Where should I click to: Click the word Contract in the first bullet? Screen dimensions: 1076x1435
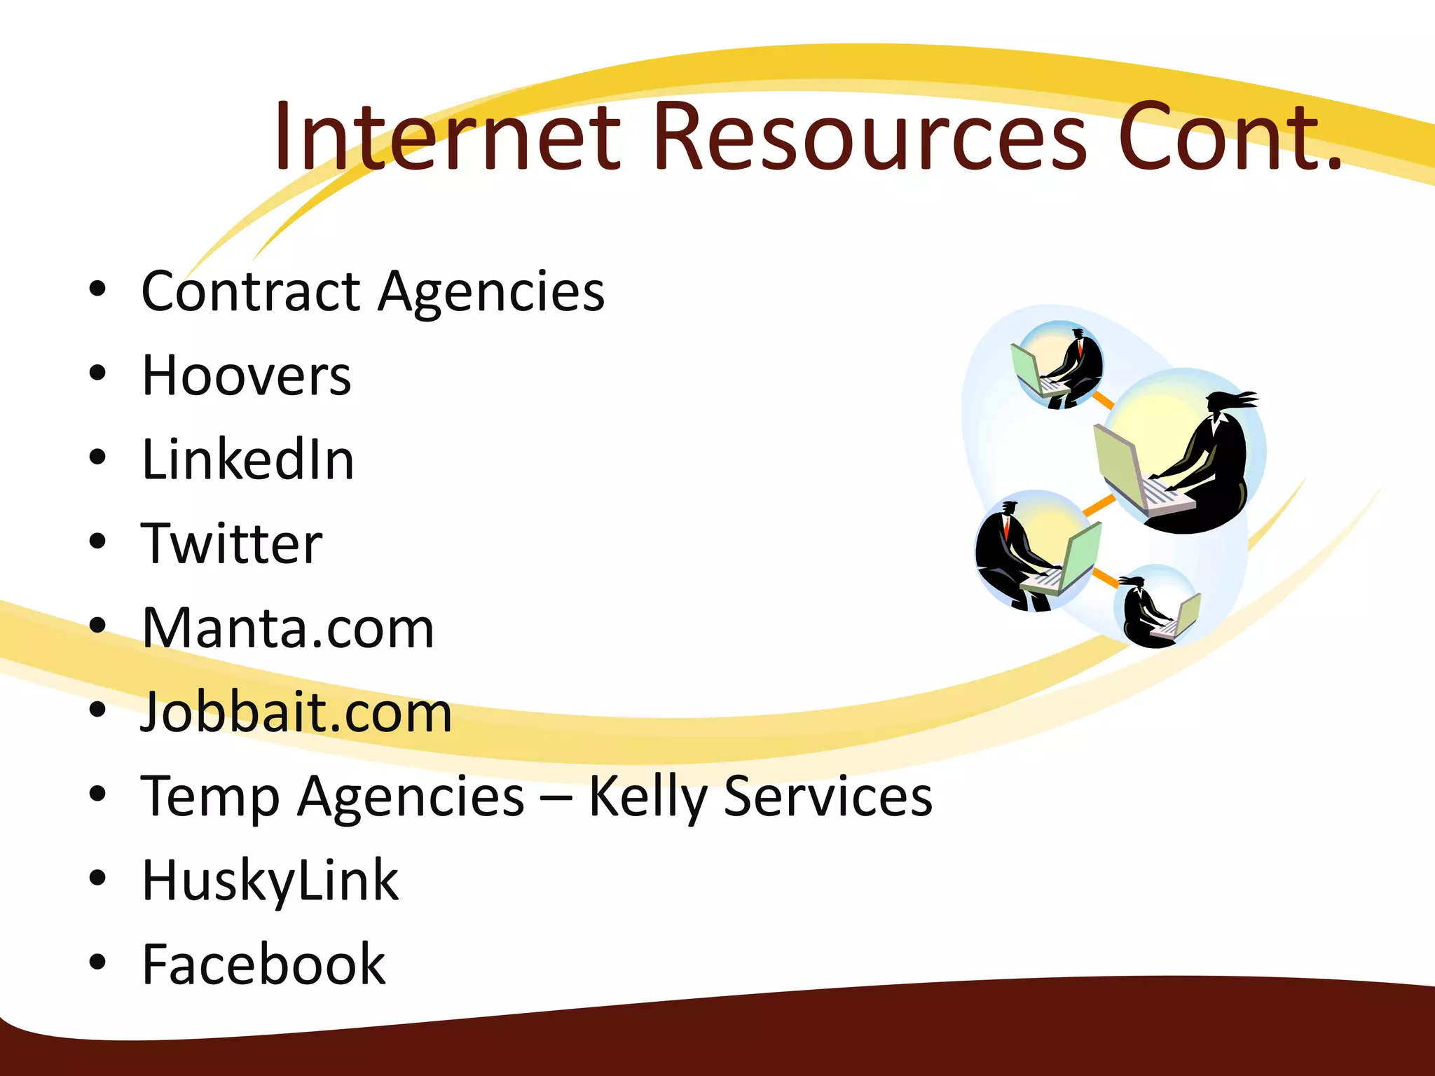251,291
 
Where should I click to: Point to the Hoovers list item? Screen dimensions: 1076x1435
246,376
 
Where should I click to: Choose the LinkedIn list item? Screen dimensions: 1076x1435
248,460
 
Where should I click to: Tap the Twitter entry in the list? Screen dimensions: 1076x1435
232,544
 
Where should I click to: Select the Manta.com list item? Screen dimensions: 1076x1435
288,628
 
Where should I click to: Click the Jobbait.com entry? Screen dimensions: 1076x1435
296,712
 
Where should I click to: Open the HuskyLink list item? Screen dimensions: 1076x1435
270,881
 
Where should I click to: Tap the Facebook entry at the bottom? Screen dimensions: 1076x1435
263,965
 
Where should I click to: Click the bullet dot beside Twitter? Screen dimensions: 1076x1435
97,542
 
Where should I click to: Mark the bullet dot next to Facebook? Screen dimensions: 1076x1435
97,962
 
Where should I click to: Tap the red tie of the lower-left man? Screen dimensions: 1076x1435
1007,529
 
